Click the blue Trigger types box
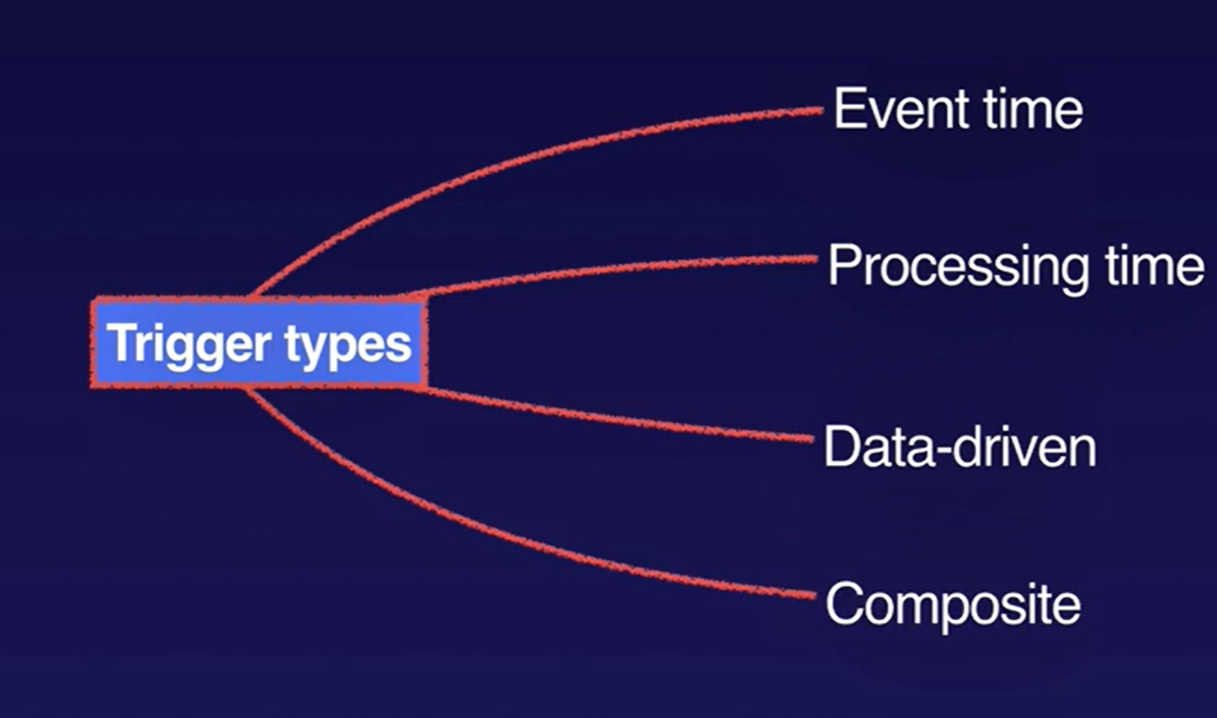coord(259,343)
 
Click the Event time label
coord(957,110)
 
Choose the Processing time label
coord(1016,267)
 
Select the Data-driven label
coord(960,447)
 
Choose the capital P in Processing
coord(844,267)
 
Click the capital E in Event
coord(847,110)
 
